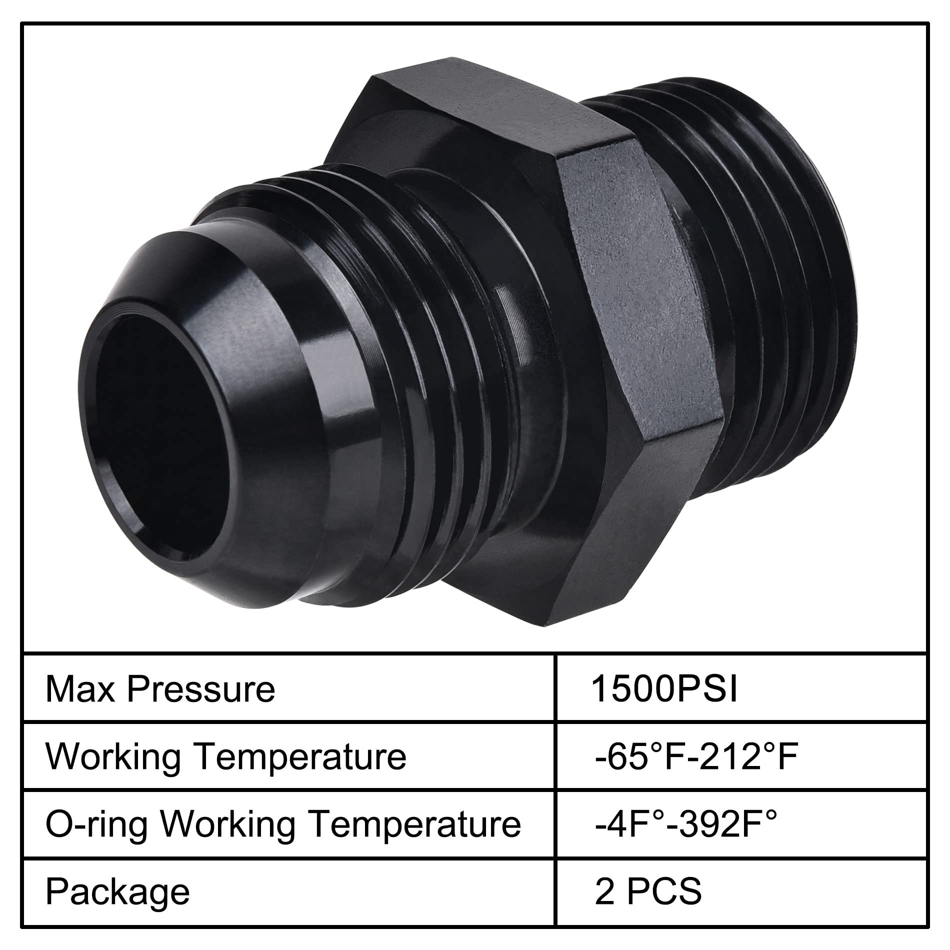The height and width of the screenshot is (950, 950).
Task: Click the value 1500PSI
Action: [x=664, y=689]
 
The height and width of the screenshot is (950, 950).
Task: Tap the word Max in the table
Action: [x=80, y=689]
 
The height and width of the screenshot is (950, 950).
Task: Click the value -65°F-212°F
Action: [x=696, y=757]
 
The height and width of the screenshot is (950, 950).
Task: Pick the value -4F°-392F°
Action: [x=686, y=824]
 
